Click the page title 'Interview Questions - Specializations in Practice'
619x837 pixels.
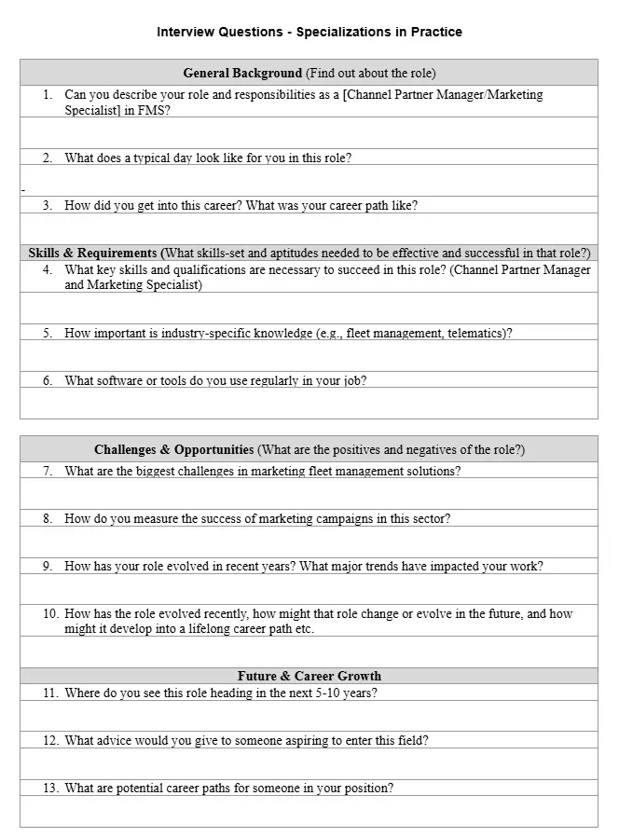(x=309, y=32)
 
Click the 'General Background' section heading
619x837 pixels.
(x=242, y=73)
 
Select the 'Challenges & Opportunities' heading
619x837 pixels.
(x=173, y=449)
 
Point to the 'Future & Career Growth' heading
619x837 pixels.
(x=309, y=676)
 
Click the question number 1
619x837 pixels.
(x=48, y=95)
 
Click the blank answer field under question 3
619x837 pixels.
(x=309, y=228)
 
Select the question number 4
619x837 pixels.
(x=48, y=270)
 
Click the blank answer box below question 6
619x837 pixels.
(x=309, y=403)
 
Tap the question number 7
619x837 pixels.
(x=48, y=471)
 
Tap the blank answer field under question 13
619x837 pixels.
(x=309, y=811)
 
